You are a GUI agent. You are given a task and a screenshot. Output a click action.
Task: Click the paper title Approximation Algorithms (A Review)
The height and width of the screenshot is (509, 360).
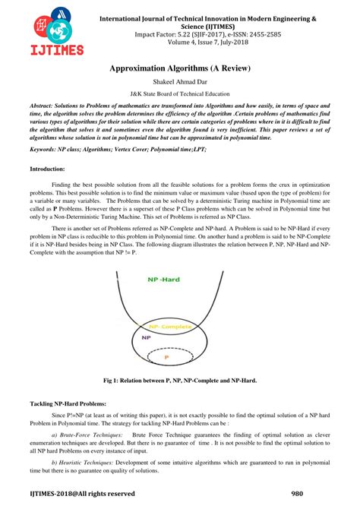[179, 68]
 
